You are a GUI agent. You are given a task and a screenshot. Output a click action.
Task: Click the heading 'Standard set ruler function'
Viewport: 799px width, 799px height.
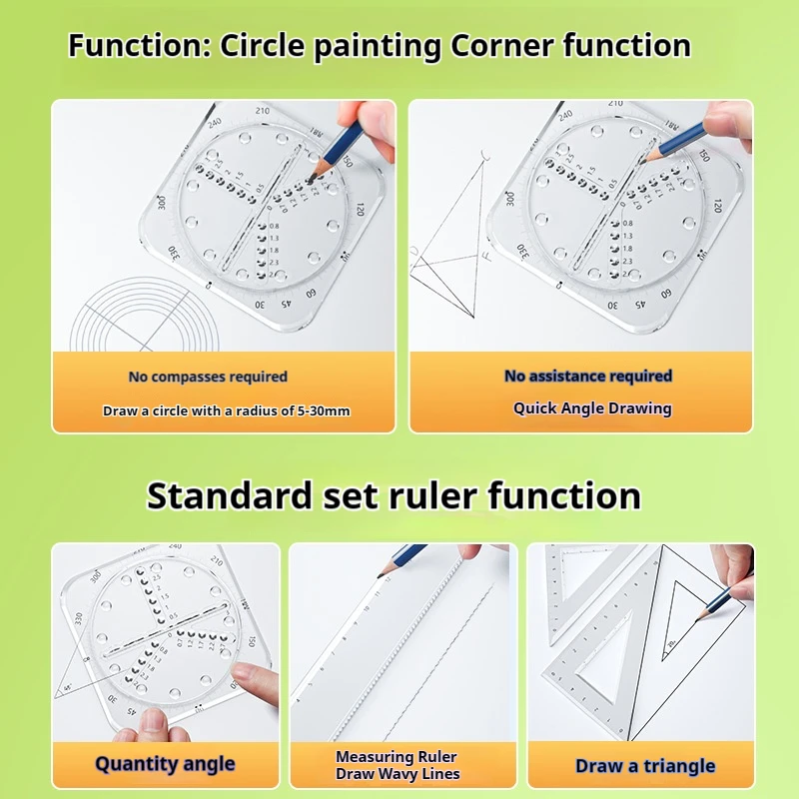coord(394,496)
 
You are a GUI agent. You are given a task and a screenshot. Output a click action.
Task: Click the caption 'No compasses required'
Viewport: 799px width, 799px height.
coord(208,377)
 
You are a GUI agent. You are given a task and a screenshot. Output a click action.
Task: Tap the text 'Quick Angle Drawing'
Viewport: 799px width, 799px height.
coord(592,407)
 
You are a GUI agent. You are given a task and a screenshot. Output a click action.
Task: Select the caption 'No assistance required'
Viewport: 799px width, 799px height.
coord(588,376)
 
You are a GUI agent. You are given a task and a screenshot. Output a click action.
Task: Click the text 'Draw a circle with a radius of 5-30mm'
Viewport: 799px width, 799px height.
coord(226,410)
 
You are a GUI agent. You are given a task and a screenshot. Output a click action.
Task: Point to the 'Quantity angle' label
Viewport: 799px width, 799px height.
coord(165,764)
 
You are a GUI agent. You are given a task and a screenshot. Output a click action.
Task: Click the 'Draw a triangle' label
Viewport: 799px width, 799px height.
coord(645,766)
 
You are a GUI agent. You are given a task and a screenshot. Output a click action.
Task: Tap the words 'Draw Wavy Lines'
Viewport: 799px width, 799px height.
coord(398,774)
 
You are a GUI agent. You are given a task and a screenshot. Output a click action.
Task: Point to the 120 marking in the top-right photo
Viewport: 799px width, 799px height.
coord(717,207)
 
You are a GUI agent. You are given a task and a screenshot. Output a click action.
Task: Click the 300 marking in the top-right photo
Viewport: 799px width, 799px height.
coord(510,199)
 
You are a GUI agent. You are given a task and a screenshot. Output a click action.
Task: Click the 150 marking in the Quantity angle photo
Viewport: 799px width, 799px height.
coord(253,641)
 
